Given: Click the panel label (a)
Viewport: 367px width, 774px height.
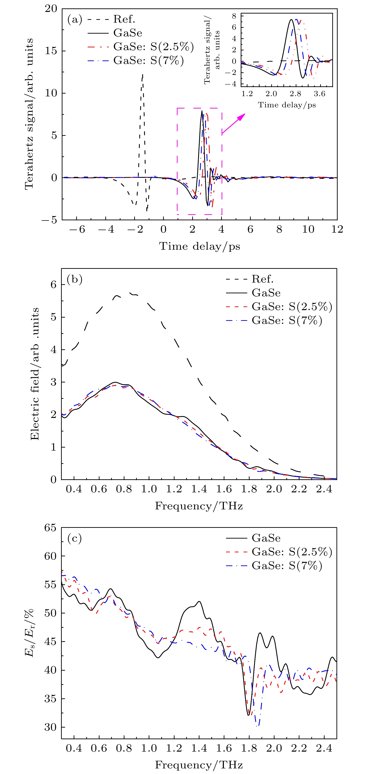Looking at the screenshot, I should click(x=74, y=20).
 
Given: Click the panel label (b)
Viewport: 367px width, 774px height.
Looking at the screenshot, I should click(x=74, y=280).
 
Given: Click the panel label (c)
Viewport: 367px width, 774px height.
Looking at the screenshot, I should click(x=74, y=539).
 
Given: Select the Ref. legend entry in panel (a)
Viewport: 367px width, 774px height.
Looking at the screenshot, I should click(x=124, y=19).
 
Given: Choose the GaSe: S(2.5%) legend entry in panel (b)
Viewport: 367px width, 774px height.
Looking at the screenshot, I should click(x=292, y=306).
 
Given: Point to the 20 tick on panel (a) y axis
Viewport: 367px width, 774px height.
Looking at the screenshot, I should click(x=51, y=8).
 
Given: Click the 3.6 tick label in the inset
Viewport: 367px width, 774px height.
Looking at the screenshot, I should click(x=319, y=94).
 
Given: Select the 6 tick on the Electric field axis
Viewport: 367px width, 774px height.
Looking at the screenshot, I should click(x=53, y=284).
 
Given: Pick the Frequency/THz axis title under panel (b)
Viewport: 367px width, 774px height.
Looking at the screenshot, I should click(x=199, y=506).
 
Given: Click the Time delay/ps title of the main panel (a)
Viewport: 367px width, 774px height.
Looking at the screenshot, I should click(x=199, y=246).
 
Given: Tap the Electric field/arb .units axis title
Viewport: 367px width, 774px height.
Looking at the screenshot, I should click(x=35, y=374).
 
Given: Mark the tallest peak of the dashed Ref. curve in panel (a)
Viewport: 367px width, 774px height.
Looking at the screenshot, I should click(x=143, y=74).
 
